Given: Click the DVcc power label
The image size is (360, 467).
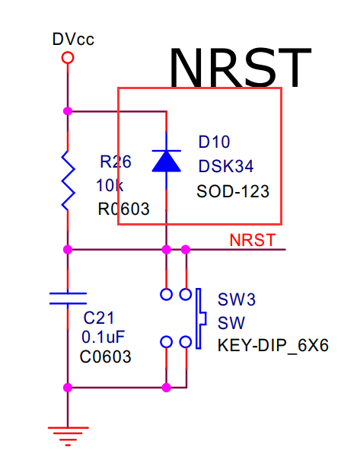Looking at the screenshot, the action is click(x=73, y=39).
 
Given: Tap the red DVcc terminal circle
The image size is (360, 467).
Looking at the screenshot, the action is click(x=68, y=57).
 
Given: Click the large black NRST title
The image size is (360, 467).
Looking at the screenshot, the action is click(x=241, y=68).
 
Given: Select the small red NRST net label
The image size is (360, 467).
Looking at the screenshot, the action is click(x=253, y=240).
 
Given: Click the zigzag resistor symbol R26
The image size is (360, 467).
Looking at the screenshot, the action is click(x=68, y=181).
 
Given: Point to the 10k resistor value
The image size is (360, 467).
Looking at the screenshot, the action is click(x=110, y=186).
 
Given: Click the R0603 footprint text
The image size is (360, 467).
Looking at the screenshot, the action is click(x=123, y=209).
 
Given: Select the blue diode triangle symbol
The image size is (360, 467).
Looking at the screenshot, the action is click(x=167, y=162).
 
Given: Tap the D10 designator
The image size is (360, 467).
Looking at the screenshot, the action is click(x=214, y=142).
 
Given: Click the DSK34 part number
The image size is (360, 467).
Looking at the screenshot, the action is click(x=226, y=166).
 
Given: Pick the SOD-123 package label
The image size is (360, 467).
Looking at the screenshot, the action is click(x=233, y=191).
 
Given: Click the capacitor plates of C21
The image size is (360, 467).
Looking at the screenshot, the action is click(x=68, y=299).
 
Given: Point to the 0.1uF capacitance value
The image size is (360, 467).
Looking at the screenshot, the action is click(x=103, y=337).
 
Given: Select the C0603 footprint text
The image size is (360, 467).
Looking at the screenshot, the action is click(x=105, y=357).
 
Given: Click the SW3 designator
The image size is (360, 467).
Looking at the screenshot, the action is click(x=237, y=299).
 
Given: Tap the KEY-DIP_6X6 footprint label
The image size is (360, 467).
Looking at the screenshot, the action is click(x=273, y=345).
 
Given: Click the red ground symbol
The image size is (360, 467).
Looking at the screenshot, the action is click(x=68, y=437).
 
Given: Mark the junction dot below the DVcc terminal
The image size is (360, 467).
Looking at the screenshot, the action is click(x=68, y=111).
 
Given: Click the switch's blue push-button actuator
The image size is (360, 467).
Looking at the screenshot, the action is click(x=200, y=318).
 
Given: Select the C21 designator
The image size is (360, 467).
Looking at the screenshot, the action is click(x=99, y=318).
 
